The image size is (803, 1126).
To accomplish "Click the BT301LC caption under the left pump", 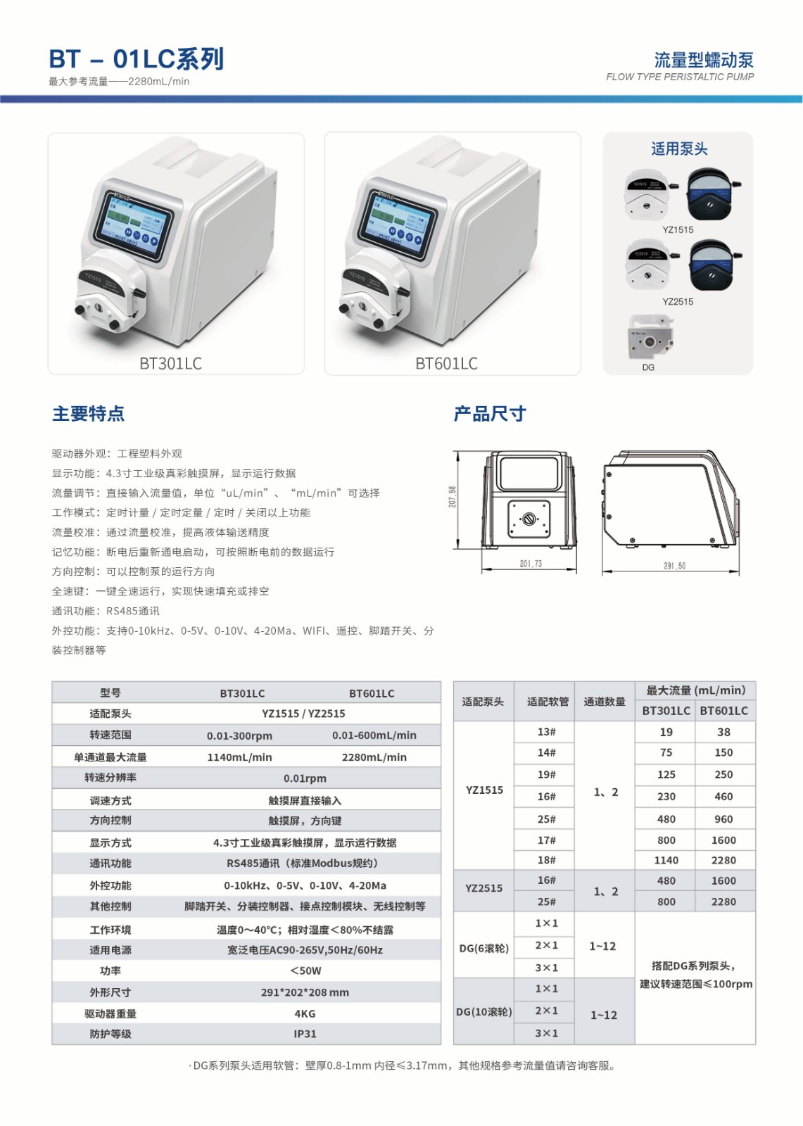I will (x=170, y=363).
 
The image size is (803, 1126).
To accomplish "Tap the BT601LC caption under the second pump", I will (x=446, y=363).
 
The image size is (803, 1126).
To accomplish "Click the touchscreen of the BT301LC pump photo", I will (x=134, y=224).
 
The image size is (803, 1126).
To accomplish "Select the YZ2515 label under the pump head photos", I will (x=678, y=302).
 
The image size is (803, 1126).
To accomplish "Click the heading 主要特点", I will (x=89, y=414).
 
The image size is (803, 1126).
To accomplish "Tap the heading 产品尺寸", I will (x=490, y=414).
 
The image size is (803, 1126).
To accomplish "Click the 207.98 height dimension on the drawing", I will (x=453, y=497).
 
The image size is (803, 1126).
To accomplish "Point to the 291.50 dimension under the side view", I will (x=674, y=565).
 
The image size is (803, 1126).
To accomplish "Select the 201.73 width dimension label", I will (x=531, y=564).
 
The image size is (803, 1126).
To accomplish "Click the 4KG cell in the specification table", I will (x=305, y=1014).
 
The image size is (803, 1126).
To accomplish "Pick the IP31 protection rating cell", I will (x=305, y=1034).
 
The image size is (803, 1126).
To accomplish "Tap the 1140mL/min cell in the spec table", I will (x=239, y=757).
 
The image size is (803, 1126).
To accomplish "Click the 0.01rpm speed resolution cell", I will (x=305, y=778).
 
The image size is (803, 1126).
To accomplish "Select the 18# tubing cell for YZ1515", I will (x=547, y=860).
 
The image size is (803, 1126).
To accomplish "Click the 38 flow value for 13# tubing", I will (x=723, y=732).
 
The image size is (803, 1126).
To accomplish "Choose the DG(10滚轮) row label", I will (x=484, y=1012).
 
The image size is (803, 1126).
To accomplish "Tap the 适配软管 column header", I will (x=548, y=702).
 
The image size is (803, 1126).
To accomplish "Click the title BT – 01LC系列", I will (x=137, y=59).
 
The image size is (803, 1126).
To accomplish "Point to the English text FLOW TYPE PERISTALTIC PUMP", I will (x=680, y=77).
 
